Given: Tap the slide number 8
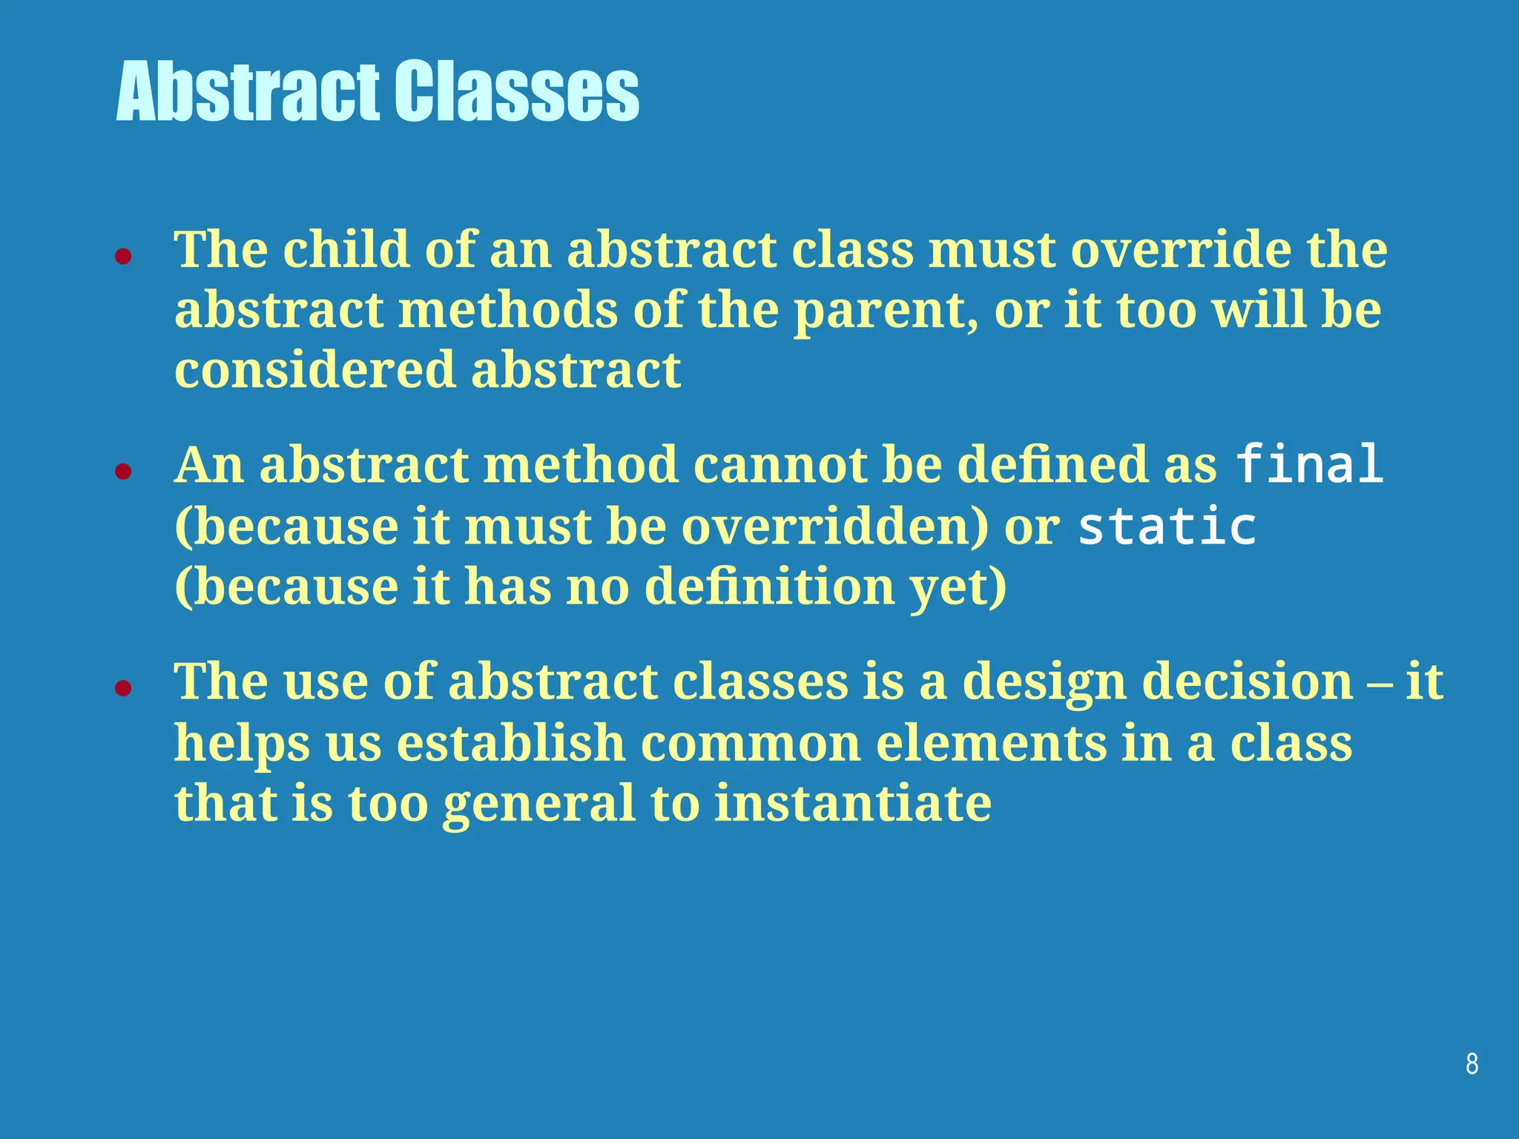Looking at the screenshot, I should pos(1472,1064).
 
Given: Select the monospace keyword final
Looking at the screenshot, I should pos(1309,464).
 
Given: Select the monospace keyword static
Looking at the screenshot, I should pos(1167,526).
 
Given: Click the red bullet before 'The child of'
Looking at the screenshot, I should pos(123,257).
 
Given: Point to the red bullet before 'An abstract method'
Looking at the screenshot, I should pos(123,472).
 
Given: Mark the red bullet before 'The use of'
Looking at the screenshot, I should pos(123,688).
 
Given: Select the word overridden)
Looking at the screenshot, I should pos(835,526).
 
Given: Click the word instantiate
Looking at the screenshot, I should pos(852,803).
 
